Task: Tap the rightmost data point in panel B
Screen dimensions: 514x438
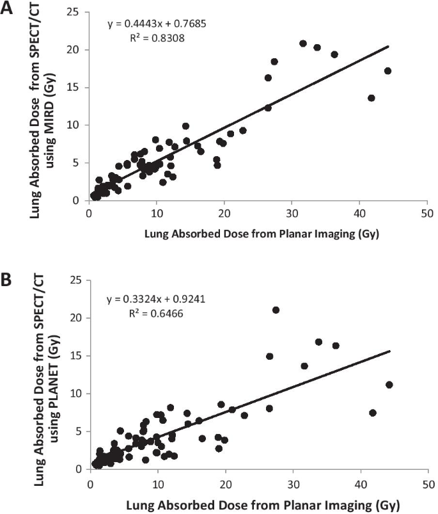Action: click(x=389, y=385)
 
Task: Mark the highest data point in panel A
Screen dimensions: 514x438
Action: click(x=303, y=44)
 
